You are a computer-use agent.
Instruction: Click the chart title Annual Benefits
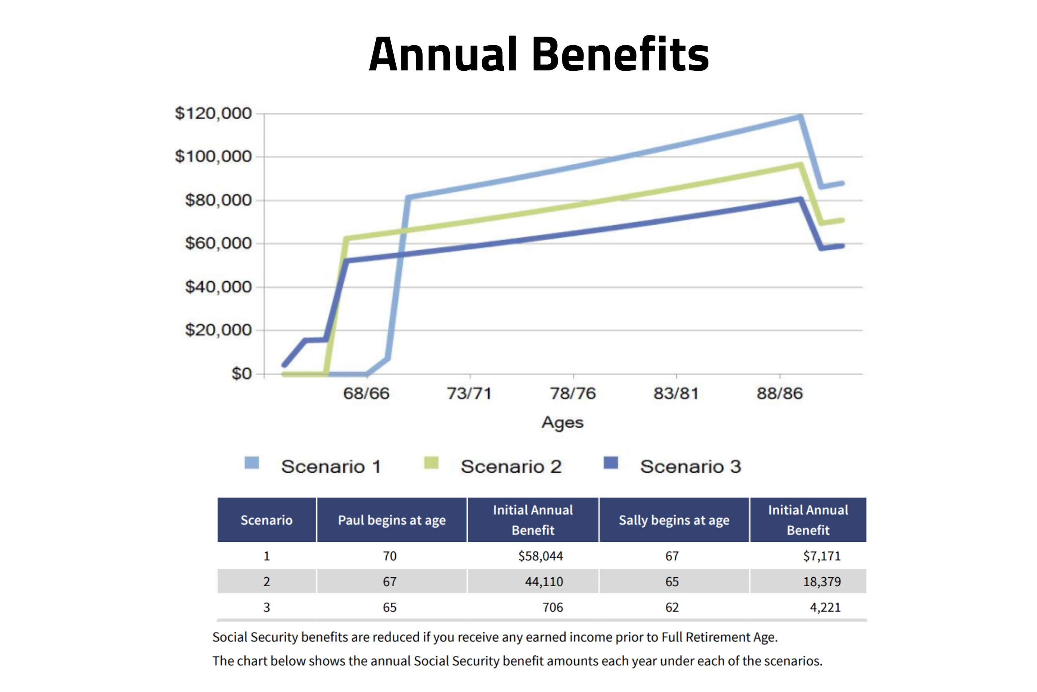point(539,55)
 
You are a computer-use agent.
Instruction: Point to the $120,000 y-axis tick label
point(213,114)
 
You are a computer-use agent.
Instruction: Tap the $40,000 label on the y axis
point(218,287)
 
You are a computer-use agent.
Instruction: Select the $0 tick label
point(241,374)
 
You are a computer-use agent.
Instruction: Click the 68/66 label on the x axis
point(366,393)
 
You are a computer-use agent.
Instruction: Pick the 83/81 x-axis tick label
point(676,393)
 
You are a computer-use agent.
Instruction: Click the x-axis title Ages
point(562,423)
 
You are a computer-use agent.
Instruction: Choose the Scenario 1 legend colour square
point(252,463)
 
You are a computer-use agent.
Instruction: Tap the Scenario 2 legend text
point(511,467)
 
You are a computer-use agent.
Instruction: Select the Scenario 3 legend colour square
point(611,463)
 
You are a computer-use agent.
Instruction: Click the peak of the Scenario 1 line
point(800,117)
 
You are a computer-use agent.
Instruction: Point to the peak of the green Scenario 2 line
point(800,165)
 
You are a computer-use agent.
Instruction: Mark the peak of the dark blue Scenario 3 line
point(800,199)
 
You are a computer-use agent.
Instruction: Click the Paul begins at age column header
point(392,520)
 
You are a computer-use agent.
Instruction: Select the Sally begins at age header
point(674,520)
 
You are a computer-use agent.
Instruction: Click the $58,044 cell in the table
point(540,556)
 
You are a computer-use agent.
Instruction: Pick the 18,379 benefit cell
point(821,582)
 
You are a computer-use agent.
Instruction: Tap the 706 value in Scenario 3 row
point(552,607)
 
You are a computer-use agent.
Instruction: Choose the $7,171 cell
point(821,556)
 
